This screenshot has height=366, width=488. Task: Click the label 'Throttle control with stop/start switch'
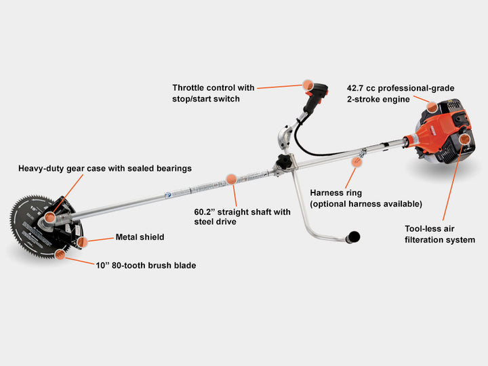click(x=213, y=94)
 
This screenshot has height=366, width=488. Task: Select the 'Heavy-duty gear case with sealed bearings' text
click(x=105, y=168)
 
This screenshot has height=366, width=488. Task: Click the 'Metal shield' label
click(x=140, y=237)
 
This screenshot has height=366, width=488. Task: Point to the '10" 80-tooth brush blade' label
click(x=146, y=266)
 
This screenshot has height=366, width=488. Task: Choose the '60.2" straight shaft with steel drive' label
click(x=242, y=217)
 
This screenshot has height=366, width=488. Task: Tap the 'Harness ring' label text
click(x=336, y=193)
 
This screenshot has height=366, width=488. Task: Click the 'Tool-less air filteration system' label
click(x=440, y=235)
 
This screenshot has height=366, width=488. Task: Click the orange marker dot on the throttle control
click(x=308, y=86)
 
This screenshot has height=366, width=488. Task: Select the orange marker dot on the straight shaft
click(x=231, y=180)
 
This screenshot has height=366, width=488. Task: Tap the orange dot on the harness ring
click(x=355, y=161)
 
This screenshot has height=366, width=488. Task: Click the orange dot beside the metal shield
click(x=82, y=241)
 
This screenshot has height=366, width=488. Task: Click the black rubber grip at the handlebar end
click(x=353, y=237)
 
